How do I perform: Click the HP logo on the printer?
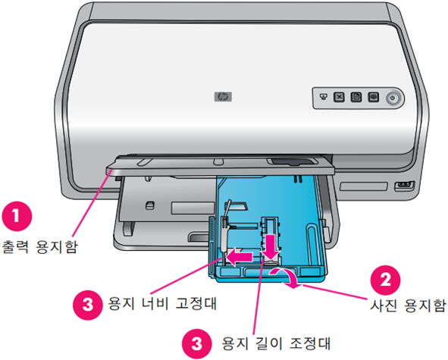tap(223, 97)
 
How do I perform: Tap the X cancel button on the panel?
tap(339, 97)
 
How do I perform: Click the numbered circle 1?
tap(17, 216)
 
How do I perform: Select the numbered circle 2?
tap(385, 280)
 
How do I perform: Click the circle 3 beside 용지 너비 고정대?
tap(88, 305)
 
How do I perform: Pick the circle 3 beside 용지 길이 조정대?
tap(197, 343)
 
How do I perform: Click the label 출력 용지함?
tap(39, 247)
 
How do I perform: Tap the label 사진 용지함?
tap(408, 305)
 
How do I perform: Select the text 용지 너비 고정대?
tap(162, 303)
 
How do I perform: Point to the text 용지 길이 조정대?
tap(276, 343)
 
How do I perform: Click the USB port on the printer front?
tap(404, 186)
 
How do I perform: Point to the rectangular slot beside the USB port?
tap(363, 186)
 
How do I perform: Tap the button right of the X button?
tap(356, 97)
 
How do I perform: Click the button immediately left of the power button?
tap(374, 97)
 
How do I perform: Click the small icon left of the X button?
tap(323, 96)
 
